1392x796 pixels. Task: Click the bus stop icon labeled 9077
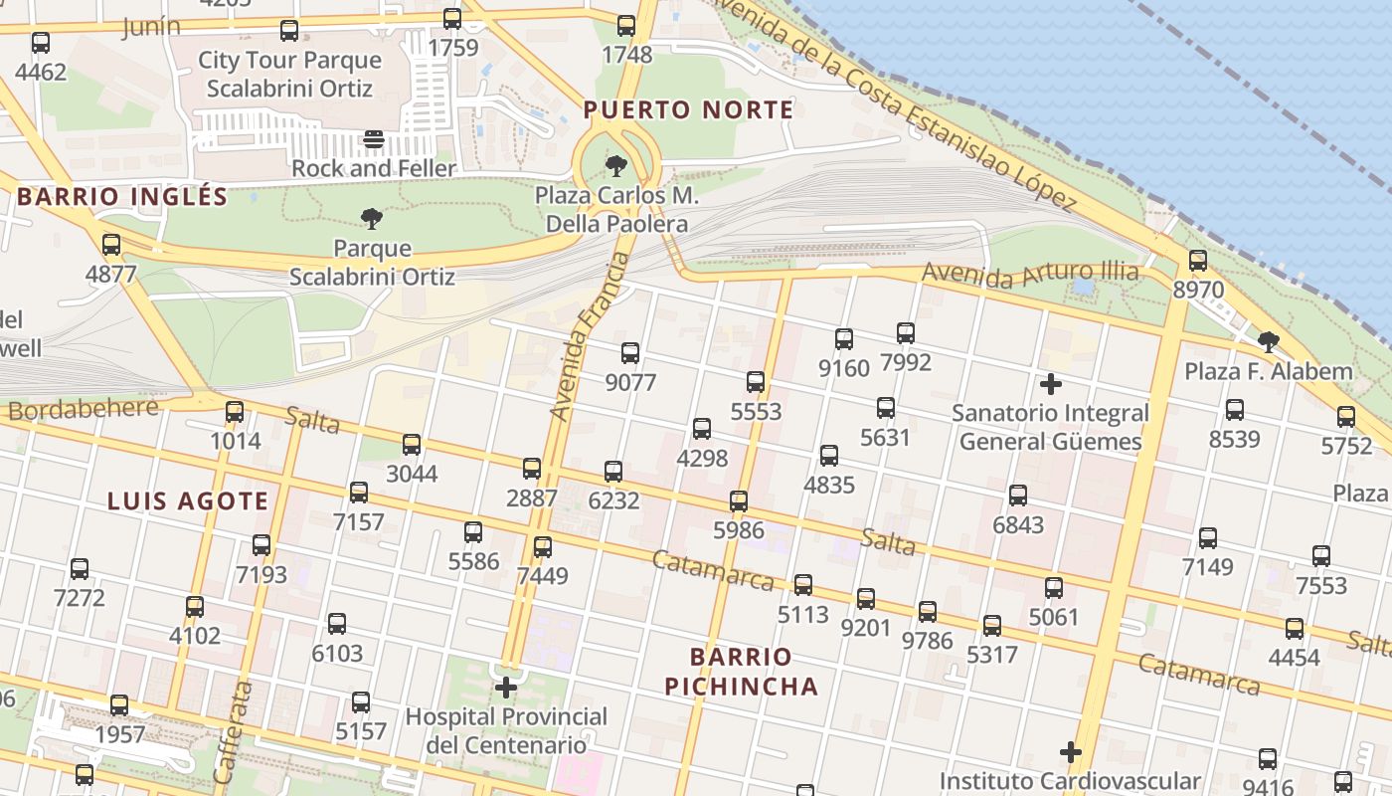click(630, 353)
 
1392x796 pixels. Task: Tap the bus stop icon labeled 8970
click(1198, 262)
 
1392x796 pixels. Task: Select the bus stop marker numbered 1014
click(235, 412)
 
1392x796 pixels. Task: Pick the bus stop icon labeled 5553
click(756, 382)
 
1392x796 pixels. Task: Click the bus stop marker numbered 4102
click(195, 607)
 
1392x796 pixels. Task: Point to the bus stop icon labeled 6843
click(1018, 496)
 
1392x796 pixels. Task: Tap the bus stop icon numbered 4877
click(111, 245)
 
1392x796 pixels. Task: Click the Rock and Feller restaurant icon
click(374, 140)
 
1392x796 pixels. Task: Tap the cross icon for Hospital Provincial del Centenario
click(506, 688)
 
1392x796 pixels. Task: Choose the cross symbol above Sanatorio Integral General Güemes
click(1050, 384)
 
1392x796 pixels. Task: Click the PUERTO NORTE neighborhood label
click(688, 110)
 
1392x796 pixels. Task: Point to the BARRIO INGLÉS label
click(122, 197)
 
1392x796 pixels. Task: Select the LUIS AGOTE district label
click(188, 501)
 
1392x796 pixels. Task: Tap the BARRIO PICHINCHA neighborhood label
click(742, 672)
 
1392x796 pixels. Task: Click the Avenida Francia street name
click(591, 336)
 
